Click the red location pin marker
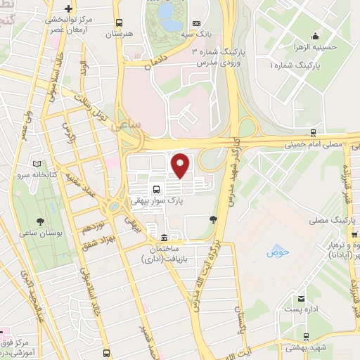181,165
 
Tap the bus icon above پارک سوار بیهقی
156,189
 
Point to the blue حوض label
274,252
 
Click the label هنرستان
120,33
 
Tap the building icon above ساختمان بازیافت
164,237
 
